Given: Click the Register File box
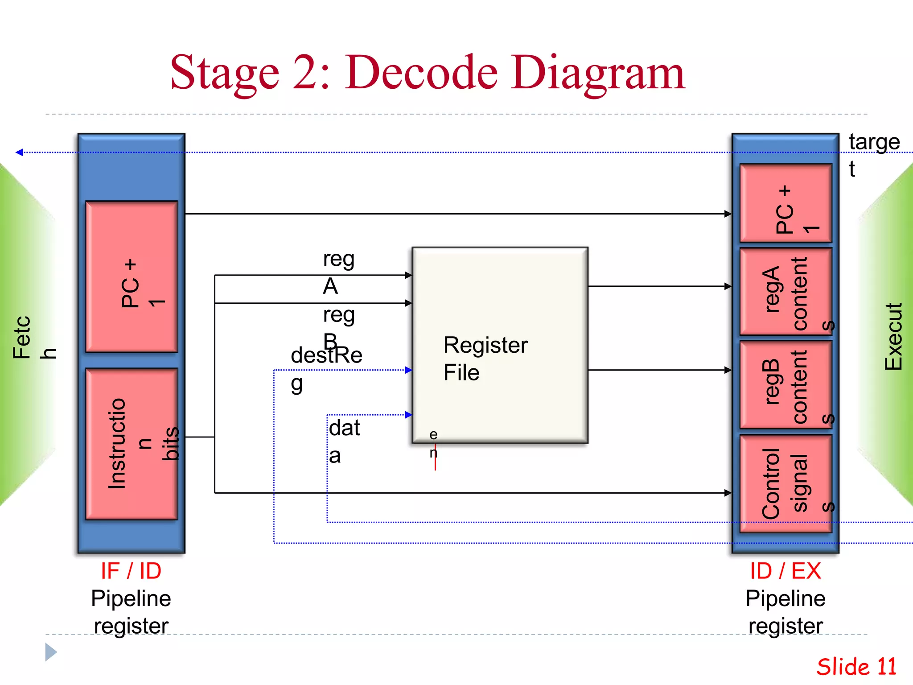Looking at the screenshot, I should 500,345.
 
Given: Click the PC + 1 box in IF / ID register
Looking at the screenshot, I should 132,276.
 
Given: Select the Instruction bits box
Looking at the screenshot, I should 132,444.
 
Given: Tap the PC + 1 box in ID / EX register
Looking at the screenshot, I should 786,203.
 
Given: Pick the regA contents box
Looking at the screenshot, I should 786,292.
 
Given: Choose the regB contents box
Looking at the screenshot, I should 786,384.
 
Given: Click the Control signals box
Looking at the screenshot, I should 786,483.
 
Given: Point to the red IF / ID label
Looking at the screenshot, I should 131,571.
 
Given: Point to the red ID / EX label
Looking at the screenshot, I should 786,571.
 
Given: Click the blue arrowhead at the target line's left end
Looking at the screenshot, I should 19,153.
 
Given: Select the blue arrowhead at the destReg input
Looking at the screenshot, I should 408,370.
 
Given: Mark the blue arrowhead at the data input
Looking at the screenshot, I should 408,415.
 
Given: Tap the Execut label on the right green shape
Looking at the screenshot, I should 893,337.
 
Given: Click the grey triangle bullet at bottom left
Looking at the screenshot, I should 50,652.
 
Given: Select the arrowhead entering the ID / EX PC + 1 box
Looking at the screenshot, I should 728,214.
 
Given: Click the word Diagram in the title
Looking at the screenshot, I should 597,73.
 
